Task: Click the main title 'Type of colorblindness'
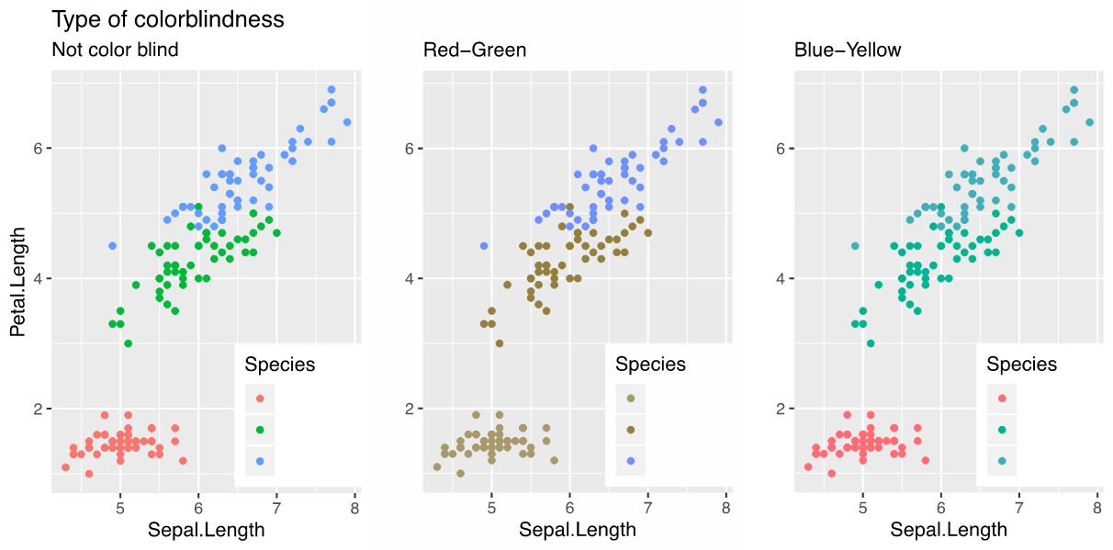(x=168, y=19)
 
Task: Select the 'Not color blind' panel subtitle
(x=115, y=50)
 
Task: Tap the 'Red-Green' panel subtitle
(x=475, y=50)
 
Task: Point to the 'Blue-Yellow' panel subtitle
(x=848, y=50)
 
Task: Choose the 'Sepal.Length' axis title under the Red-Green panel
(x=577, y=530)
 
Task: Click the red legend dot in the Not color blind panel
(x=260, y=398)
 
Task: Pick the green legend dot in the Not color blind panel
(x=260, y=429)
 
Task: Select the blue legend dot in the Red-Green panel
(x=631, y=460)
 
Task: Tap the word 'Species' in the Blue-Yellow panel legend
(x=1021, y=365)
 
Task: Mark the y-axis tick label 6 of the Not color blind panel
(x=37, y=149)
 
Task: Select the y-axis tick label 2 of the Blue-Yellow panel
(x=779, y=409)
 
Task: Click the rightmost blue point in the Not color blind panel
(x=347, y=122)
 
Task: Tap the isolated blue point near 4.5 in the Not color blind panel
(x=112, y=246)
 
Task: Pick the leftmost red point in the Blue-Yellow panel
(x=808, y=467)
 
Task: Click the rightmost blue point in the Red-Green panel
(x=718, y=122)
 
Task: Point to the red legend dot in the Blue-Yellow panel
(x=1002, y=398)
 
